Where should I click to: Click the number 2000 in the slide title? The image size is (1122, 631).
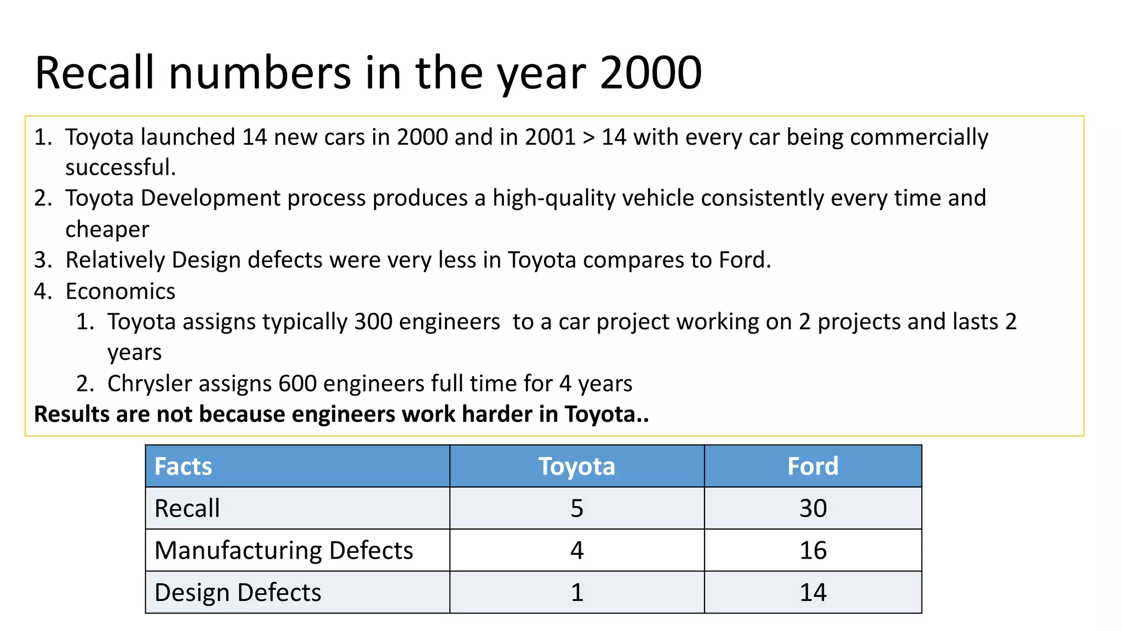point(651,73)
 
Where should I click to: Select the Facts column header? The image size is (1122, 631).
point(183,467)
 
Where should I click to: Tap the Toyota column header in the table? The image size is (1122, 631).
point(576,467)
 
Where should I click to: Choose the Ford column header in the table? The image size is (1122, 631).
point(812,467)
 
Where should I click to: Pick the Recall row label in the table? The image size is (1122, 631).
point(187,508)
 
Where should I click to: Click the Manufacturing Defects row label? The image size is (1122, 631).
point(283,550)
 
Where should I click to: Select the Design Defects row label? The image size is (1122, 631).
point(238,593)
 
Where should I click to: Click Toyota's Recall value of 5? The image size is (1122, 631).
point(577,508)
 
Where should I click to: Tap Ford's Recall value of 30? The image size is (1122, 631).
point(812,508)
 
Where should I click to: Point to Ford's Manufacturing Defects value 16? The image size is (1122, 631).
point(812,550)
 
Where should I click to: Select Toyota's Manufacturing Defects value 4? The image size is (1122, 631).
point(577,550)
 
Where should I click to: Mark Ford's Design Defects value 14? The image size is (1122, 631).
point(812,593)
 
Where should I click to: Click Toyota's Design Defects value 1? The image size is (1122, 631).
point(577,593)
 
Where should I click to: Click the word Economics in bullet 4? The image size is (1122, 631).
point(121,291)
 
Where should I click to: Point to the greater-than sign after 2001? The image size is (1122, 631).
point(588,137)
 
